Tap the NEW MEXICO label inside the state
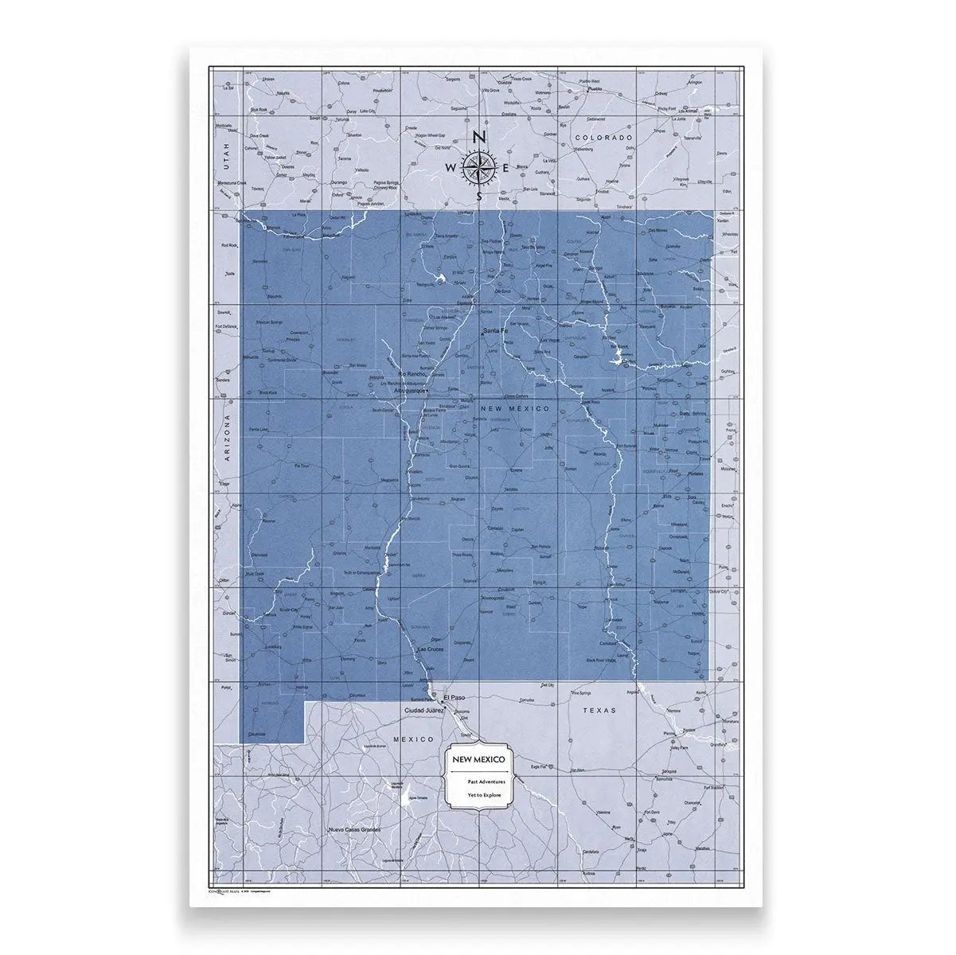click(515, 408)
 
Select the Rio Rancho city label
click(413, 373)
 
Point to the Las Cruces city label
click(433, 650)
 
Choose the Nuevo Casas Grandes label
click(355, 830)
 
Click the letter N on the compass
click(478, 137)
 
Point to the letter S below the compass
click(478, 196)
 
